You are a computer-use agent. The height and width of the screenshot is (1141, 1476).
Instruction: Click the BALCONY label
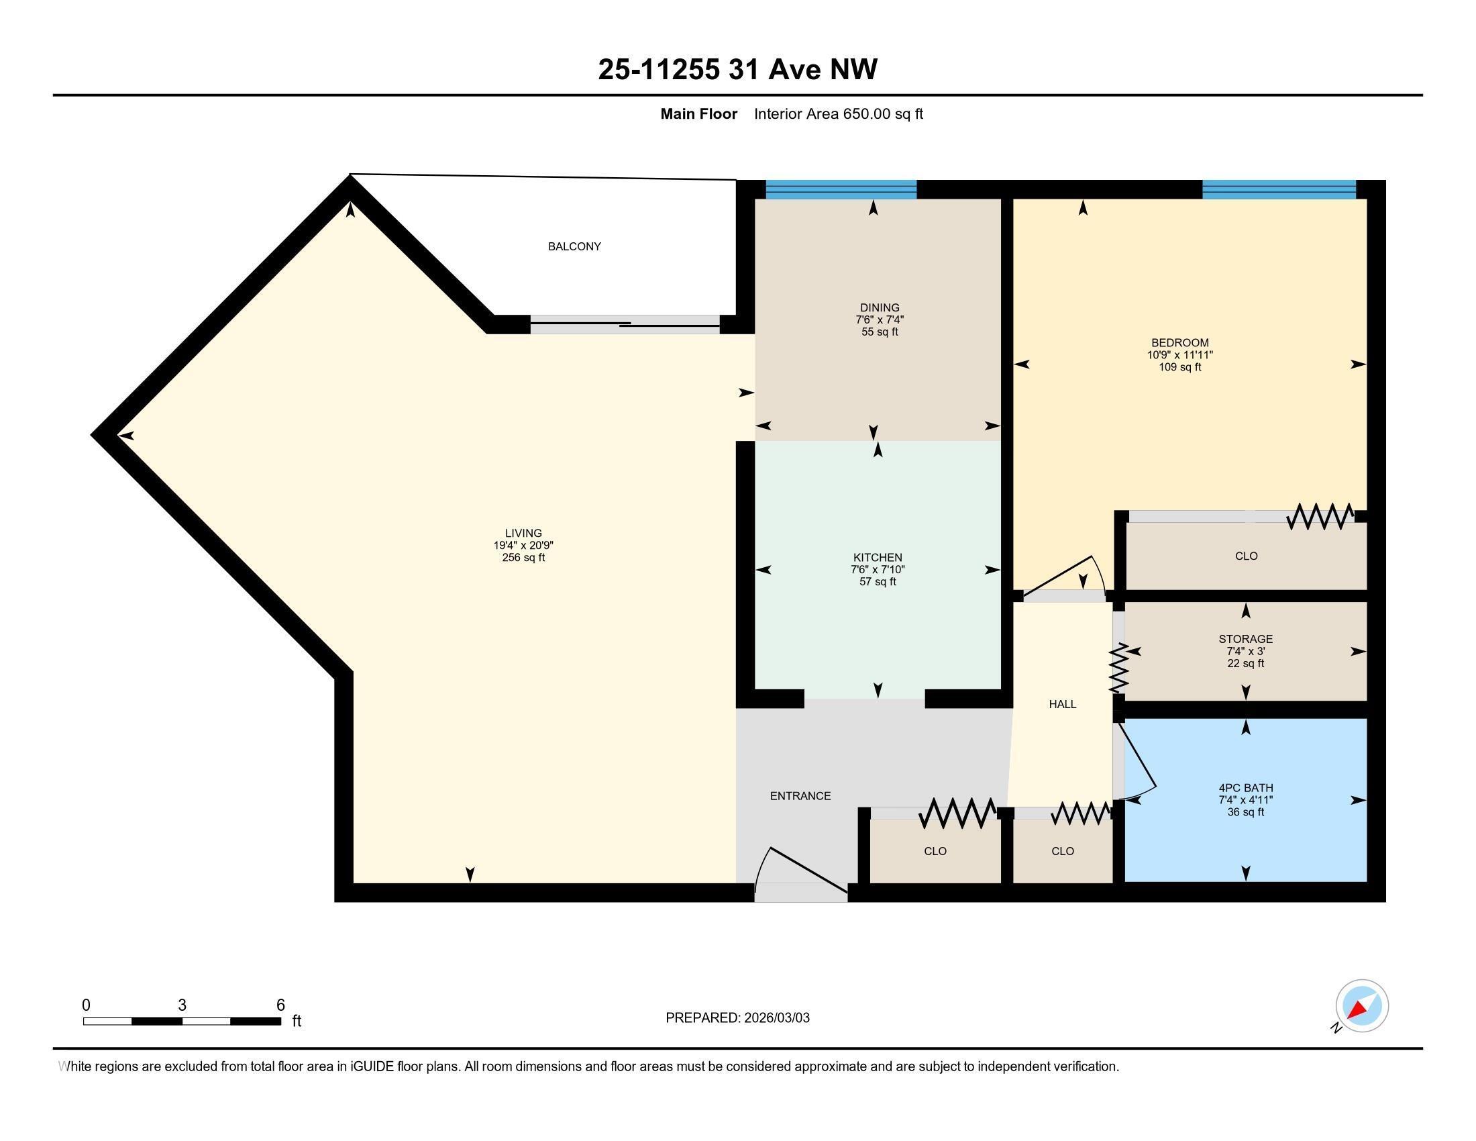(574, 247)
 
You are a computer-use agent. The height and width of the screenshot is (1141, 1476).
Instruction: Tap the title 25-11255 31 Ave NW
(737, 70)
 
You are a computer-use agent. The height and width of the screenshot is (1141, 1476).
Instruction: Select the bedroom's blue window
(1279, 189)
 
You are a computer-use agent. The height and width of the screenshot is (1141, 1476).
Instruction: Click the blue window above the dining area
(841, 189)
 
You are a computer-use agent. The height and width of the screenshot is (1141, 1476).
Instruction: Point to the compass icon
(1361, 1006)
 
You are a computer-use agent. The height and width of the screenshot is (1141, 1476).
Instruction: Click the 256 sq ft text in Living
(523, 558)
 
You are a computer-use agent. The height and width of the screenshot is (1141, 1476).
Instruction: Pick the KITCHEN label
(878, 558)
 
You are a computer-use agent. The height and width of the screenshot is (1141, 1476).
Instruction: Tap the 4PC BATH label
(1246, 787)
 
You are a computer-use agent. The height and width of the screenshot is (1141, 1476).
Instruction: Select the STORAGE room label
(1246, 639)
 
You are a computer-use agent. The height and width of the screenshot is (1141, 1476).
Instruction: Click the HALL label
(1063, 704)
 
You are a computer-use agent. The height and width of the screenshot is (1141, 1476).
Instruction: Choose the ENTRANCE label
(800, 796)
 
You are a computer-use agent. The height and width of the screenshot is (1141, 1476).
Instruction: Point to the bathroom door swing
(1137, 760)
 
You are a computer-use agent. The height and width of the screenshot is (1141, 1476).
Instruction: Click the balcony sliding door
(625, 324)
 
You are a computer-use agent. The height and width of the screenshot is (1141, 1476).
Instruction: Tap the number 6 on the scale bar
(280, 1005)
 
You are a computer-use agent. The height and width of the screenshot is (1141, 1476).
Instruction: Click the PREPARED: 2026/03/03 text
(737, 1018)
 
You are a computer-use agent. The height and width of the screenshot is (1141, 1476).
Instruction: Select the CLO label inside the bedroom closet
(1246, 556)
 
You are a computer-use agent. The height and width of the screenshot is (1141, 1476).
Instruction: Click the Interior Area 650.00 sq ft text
(838, 114)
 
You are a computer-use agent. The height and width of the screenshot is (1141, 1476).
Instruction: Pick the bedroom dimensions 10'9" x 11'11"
(1179, 355)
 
